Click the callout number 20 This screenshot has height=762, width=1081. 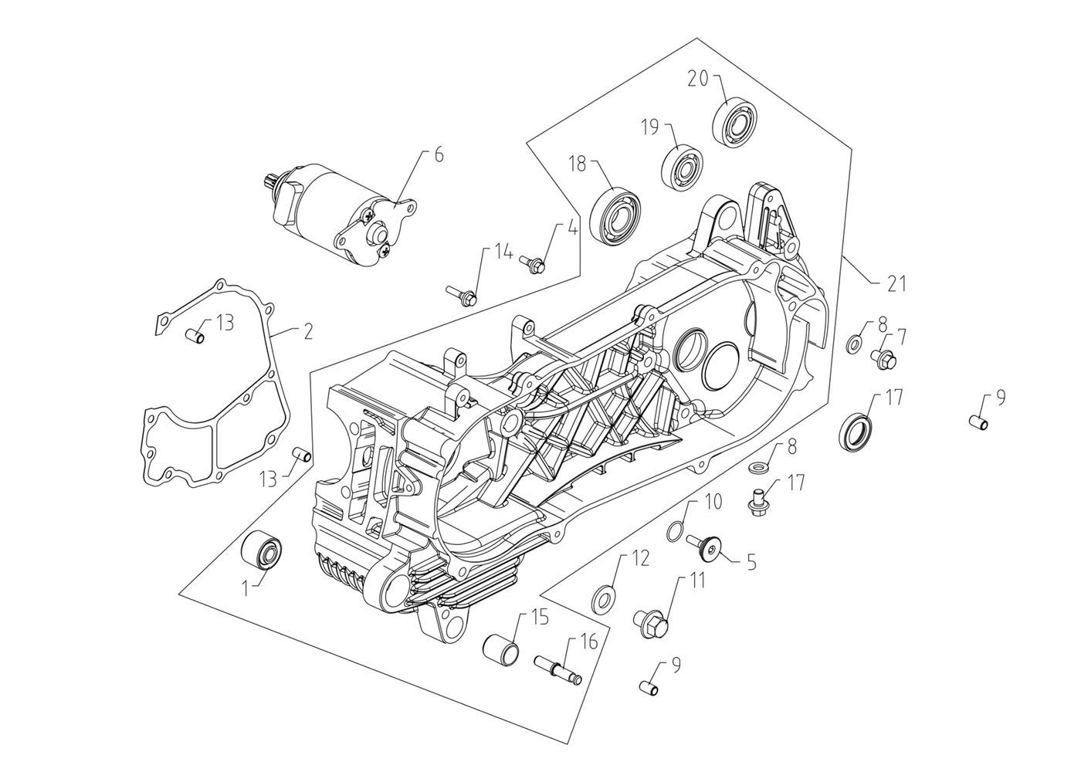click(x=698, y=78)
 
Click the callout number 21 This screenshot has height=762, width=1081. click(x=896, y=284)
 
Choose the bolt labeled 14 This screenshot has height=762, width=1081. click(x=463, y=294)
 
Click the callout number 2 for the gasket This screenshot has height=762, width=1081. click(x=308, y=333)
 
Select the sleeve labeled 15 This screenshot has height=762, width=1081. click(x=500, y=645)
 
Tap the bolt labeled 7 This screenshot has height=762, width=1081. click(x=883, y=357)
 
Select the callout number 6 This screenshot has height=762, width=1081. click(x=439, y=155)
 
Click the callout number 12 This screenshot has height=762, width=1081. click(x=641, y=558)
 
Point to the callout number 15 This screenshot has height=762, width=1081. click(x=538, y=618)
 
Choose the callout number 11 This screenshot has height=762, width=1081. click(x=697, y=581)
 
